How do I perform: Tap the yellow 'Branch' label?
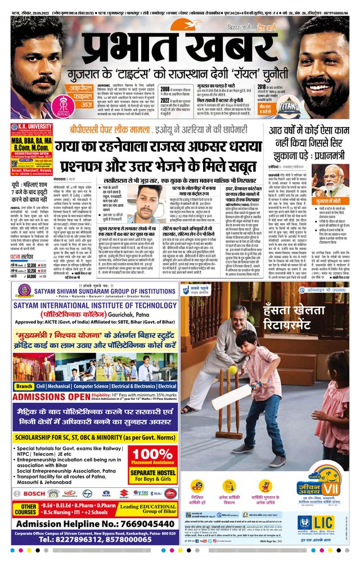[24, 387]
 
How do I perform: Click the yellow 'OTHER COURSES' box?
[25, 509]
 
